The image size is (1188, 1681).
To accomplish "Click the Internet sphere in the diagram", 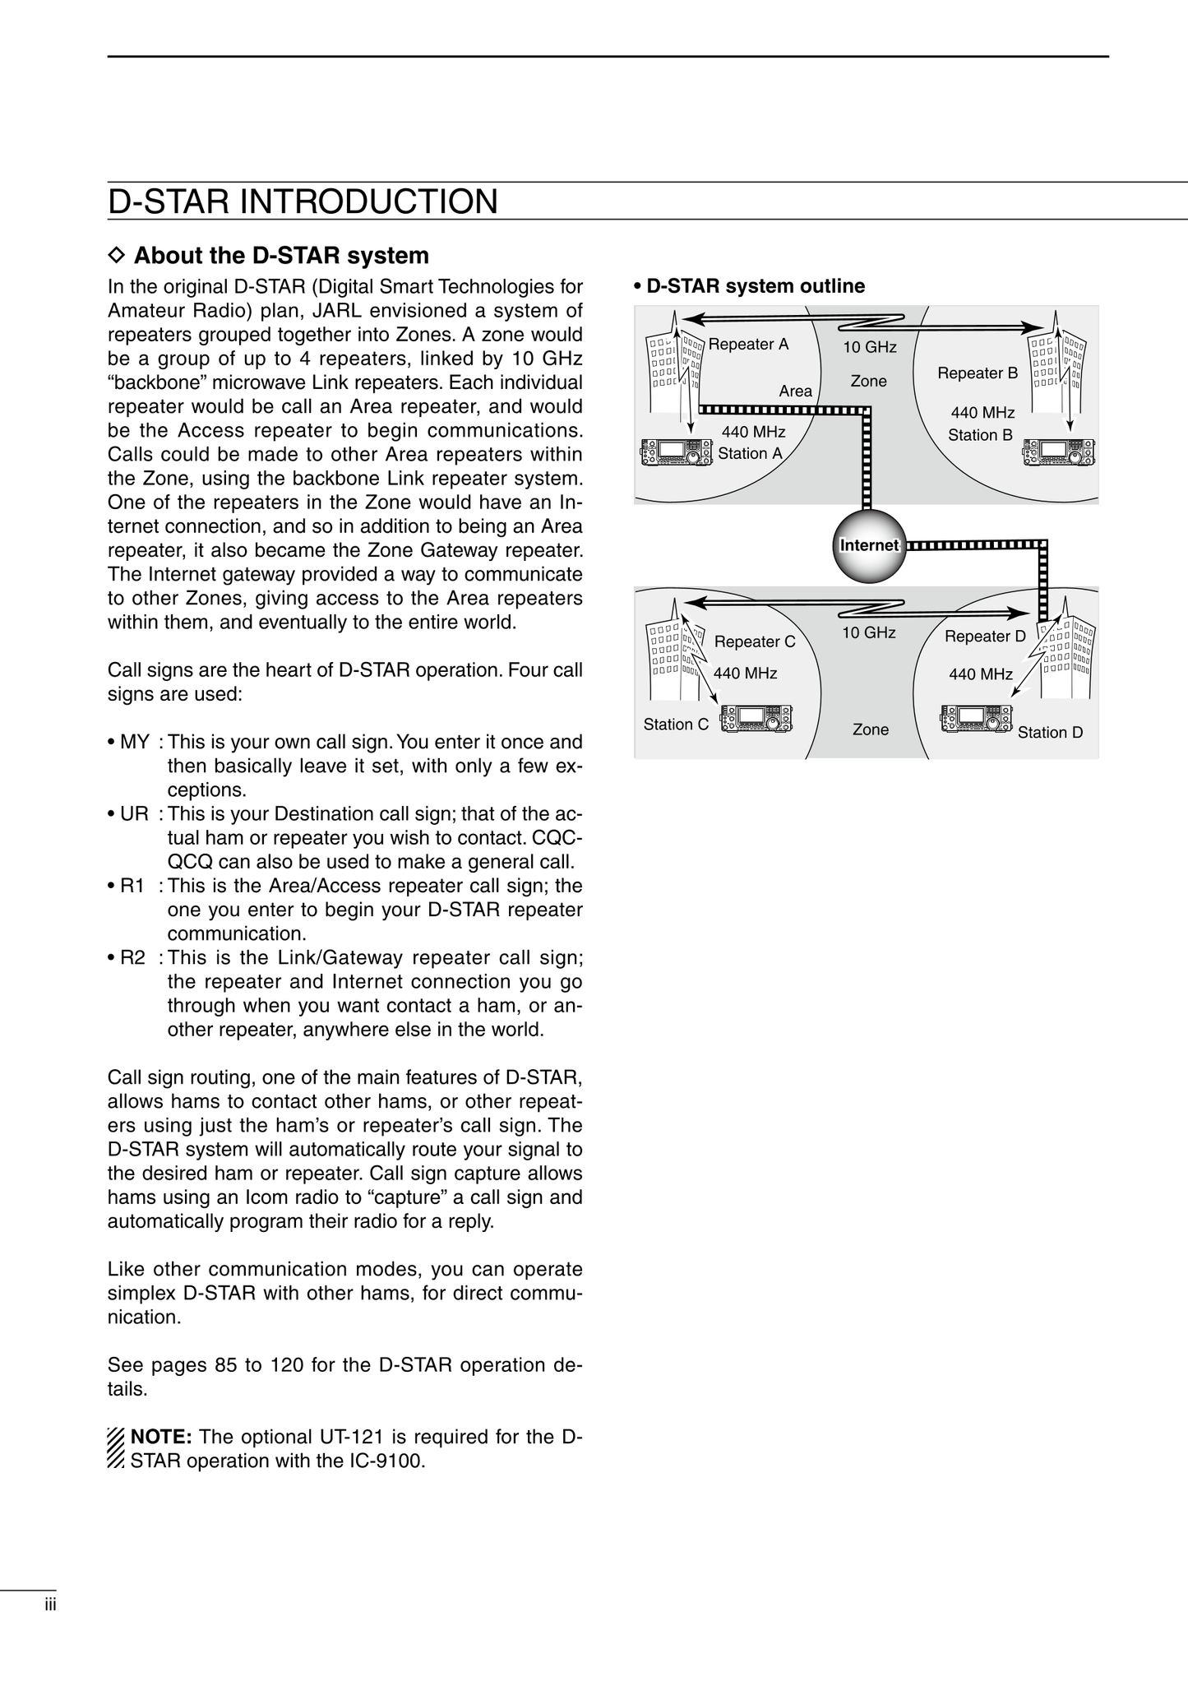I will [x=869, y=545].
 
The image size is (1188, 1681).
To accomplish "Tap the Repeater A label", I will [x=748, y=345].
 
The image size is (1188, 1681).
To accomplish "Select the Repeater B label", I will [x=978, y=373].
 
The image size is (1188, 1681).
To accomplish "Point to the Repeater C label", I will [x=755, y=641].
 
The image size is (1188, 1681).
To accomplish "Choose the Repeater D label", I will [x=985, y=637].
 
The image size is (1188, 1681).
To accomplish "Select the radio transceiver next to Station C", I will [x=756, y=718].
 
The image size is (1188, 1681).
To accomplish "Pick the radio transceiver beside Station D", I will [x=976, y=718].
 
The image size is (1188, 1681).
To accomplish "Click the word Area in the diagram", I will [x=795, y=391].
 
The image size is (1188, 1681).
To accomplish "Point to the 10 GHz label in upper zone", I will [x=869, y=348].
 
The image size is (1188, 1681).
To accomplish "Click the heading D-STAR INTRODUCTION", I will [x=303, y=202].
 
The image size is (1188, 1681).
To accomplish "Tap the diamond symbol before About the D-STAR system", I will [x=116, y=256].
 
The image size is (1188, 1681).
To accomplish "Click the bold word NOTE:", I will [x=161, y=1437].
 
